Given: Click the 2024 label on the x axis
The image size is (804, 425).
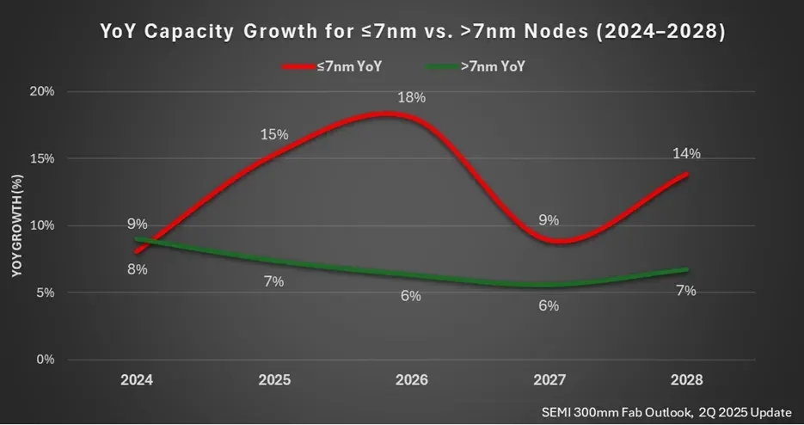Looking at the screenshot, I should click(x=138, y=379).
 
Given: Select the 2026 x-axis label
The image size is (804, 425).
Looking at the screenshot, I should click(x=412, y=379).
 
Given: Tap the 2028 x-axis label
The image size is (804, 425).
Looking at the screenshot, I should click(x=685, y=379).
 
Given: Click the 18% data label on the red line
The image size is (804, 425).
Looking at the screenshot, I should click(x=411, y=97).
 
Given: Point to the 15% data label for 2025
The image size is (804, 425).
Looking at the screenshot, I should click(x=274, y=135).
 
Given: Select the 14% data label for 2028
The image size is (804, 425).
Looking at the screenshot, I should click(x=686, y=154).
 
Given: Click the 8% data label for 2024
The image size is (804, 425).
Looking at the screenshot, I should click(x=138, y=269).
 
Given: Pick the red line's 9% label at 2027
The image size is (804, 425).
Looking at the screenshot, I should click(x=549, y=219).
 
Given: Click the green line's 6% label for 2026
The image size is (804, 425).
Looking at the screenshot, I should click(x=411, y=296).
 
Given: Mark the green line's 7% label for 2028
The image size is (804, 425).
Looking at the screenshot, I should click(x=686, y=291).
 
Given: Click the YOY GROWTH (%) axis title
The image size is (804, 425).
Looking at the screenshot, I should click(x=16, y=225).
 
